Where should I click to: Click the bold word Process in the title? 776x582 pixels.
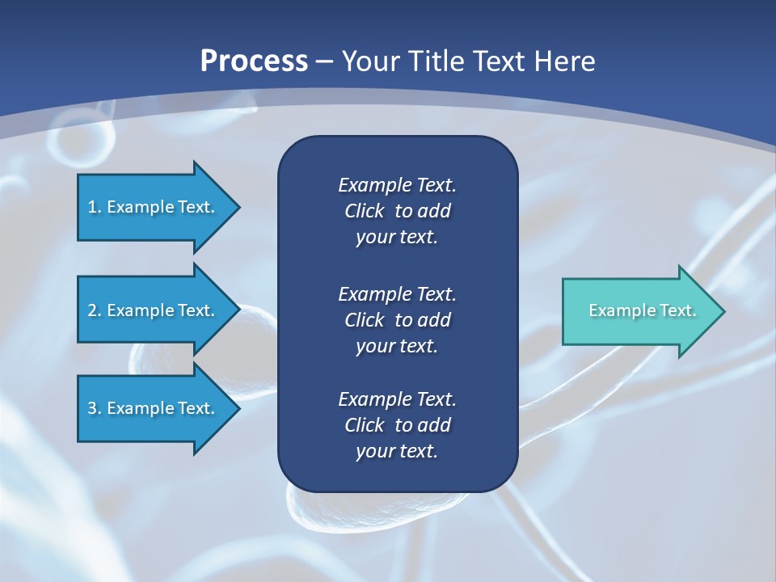click(x=254, y=61)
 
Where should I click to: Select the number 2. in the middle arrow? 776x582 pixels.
click(x=94, y=310)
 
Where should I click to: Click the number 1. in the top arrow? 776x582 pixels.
click(x=94, y=207)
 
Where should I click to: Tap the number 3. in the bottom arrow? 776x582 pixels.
click(x=94, y=408)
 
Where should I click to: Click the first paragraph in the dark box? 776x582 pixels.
click(x=397, y=211)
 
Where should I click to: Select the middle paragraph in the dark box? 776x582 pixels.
click(x=397, y=319)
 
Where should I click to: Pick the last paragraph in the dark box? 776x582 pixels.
click(x=397, y=424)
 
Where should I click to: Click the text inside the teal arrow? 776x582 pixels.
click(x=642, y=310)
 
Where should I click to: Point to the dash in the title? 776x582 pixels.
click(x=325, y=61)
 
